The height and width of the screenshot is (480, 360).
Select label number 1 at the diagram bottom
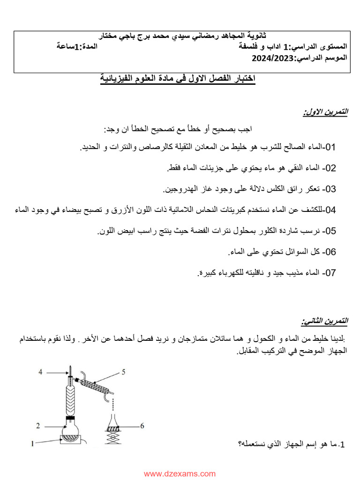click(33, 442)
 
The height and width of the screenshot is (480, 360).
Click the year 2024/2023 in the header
click(272, 59)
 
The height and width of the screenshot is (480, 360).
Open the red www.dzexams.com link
click(180, 474)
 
